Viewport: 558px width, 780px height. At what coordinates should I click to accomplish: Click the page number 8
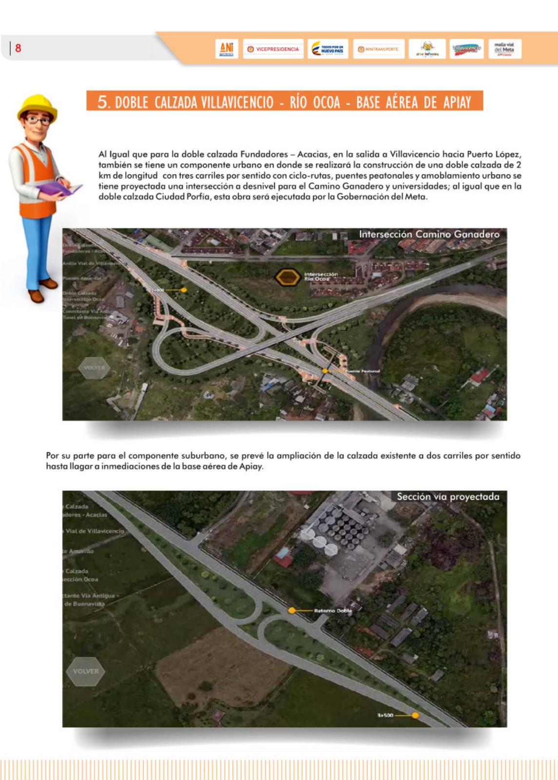coord(19,48)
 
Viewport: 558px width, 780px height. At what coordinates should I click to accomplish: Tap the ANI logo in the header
coord(227,49)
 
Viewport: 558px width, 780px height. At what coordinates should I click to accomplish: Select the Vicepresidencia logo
coord(273,49)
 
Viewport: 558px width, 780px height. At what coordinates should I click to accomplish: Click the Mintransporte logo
coord(379,49)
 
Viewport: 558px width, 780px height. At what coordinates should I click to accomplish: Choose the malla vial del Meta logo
coord(504,49)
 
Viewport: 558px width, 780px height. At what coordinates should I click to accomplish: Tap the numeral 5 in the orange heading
coord(102,101)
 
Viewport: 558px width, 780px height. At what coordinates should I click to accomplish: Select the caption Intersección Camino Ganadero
coord(429,234)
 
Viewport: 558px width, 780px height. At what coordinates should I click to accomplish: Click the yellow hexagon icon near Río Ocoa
coord(287,277)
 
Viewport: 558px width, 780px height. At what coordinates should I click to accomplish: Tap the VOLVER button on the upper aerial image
coord(94,368)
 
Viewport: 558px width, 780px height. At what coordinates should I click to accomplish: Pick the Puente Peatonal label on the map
coord(363,371)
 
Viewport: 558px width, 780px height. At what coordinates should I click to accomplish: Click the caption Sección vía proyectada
coord(448,497)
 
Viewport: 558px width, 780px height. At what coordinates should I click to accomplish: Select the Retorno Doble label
coord(333,610)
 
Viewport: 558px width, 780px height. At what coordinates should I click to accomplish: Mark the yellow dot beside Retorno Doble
coord(291,610)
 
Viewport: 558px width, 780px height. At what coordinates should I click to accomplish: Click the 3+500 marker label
coord(385,715)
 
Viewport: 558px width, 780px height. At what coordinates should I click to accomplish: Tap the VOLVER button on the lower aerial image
coord(86,671)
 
